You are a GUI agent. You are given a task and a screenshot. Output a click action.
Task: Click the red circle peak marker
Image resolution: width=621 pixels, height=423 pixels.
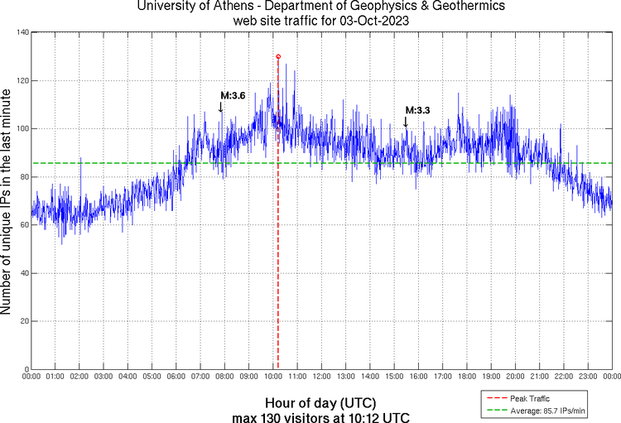point(278,56)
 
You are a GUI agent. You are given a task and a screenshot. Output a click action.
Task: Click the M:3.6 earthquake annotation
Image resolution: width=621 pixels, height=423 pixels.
point(232,96)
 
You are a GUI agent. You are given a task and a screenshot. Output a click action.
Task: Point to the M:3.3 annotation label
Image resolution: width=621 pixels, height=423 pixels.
point(417,109)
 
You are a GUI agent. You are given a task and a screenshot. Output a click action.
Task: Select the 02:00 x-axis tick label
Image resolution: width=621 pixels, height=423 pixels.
point(79,377)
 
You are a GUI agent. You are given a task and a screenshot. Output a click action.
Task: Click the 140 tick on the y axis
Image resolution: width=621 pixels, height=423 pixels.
point(21,32)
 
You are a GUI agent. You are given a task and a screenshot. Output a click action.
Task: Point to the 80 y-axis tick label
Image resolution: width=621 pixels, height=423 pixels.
point(23,176)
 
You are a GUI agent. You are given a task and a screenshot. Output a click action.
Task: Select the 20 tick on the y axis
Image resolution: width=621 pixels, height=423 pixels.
point(23,321)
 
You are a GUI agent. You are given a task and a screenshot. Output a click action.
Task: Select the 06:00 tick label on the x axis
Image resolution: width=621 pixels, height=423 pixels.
point(176,377)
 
